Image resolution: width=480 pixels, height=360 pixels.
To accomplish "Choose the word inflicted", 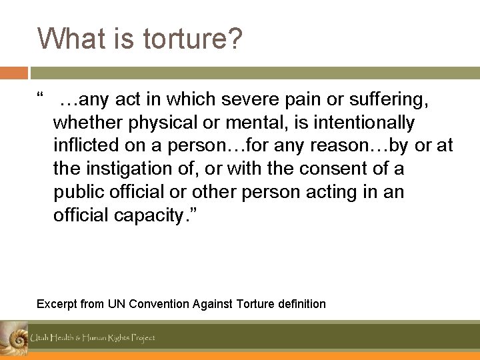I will click(x=82, y=146).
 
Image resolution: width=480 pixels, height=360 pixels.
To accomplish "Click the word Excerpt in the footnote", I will click(x=57, y=304).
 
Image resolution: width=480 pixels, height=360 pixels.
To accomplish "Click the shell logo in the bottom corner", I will click(x=13, y=338).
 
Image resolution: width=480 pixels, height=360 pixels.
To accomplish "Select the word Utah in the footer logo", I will click(x=39, y=338).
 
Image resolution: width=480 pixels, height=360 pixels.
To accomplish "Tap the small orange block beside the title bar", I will click(x=14, y=73).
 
